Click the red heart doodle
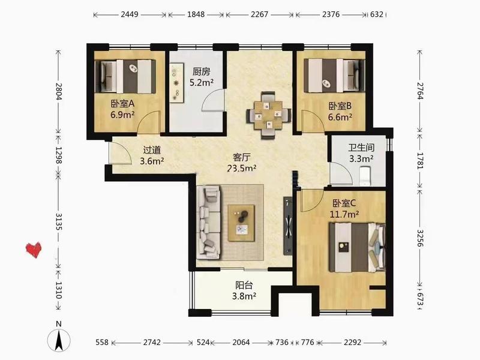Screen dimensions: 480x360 click(34, 250)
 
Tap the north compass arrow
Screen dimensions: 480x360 click(59, 340)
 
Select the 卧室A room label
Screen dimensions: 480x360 click(122, 104)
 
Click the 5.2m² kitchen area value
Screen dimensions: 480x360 click(202, 82)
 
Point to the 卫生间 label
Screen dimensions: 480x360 click(361, 148)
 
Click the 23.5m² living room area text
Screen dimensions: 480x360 click(242, 168)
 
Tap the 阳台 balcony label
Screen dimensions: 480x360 click(244, 285)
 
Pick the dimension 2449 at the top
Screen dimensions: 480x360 click(130, 14)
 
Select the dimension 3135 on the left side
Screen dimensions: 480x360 click(58, 222)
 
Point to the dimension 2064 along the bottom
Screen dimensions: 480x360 click(241, 342)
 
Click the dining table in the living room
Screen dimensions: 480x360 click(269, 115)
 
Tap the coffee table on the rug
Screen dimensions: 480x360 click(241, 223)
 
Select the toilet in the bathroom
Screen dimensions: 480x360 click(365, 176)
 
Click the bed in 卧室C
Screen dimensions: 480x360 click(357, 247)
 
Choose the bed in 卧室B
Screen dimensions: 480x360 click(334, 76)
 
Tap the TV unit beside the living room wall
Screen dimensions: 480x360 click(288, 226)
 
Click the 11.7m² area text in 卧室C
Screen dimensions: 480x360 click(344, 214)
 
